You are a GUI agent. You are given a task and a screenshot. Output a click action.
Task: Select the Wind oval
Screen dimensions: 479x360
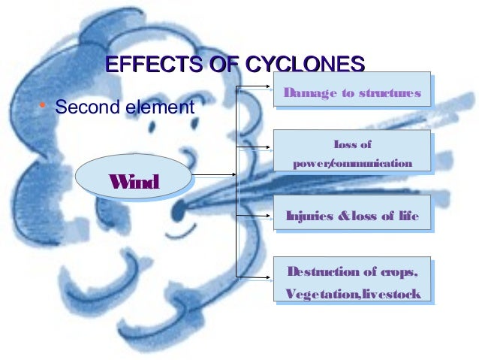coord(132,180)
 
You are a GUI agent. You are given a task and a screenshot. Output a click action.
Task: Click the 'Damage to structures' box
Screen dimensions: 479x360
coord(351,93)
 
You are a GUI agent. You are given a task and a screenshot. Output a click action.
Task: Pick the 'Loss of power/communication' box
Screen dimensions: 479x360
coord(351,153)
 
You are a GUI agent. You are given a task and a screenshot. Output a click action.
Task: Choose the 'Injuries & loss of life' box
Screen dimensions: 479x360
coord(351,217)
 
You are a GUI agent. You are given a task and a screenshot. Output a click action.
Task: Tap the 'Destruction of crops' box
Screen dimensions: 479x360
coord(351,281)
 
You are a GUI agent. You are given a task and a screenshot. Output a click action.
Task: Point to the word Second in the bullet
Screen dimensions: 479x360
coord(83,107)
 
